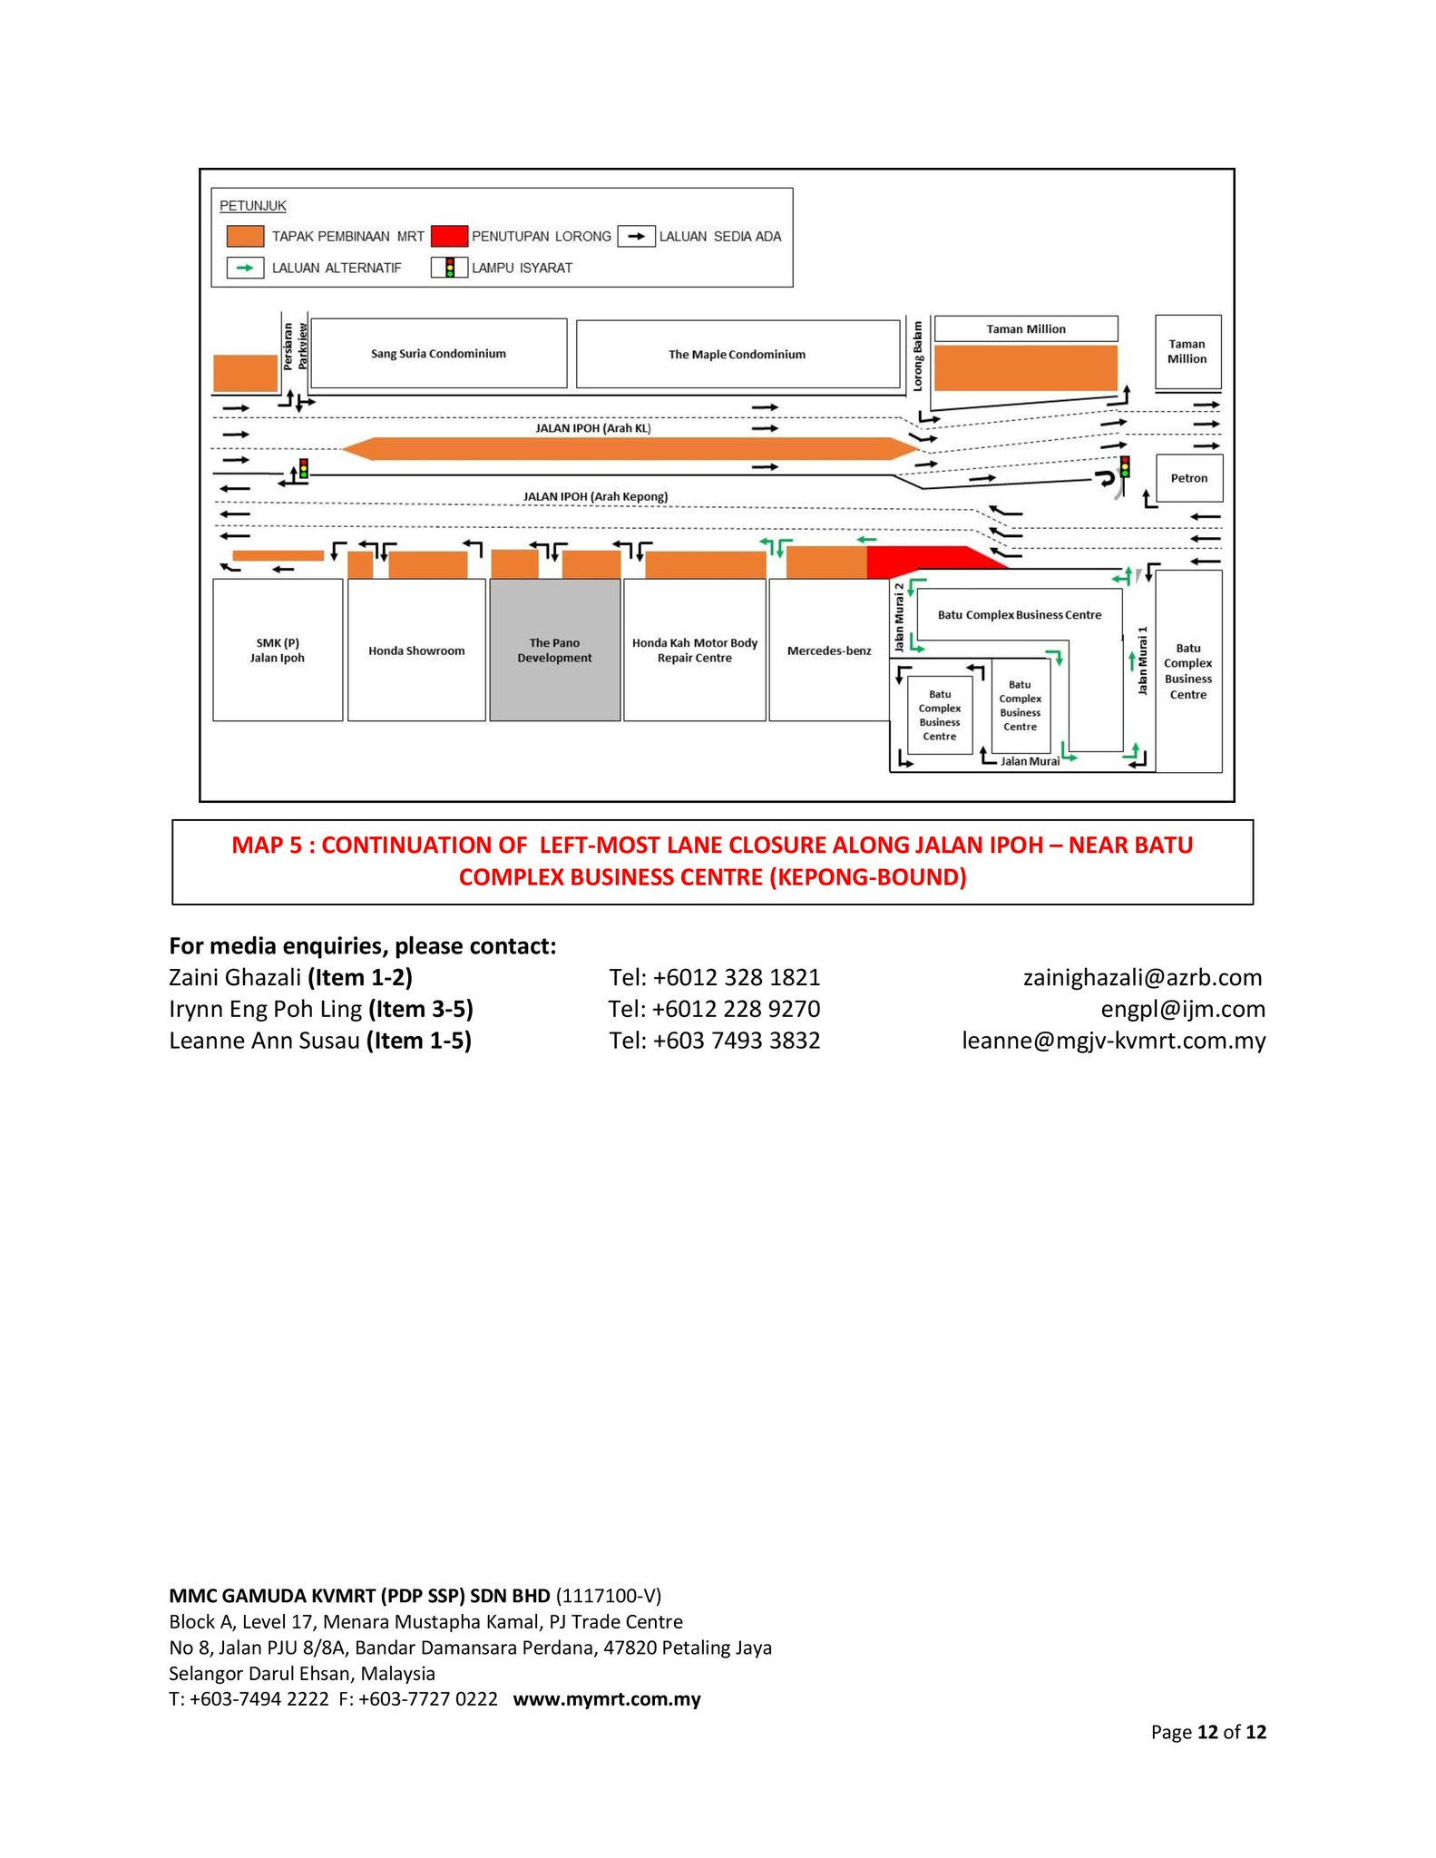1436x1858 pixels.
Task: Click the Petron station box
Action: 1188,478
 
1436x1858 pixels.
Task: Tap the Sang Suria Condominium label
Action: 438,354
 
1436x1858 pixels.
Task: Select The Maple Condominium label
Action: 737,355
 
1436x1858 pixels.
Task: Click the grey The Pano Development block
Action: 554,650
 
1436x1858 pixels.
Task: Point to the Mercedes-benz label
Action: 828,650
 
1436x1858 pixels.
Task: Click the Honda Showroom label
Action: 416,650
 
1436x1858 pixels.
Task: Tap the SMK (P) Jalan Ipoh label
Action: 278,650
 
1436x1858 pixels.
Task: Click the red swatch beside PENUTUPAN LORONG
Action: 449,237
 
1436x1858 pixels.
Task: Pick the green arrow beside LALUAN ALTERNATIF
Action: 245,268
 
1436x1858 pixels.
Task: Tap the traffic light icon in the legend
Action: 450,268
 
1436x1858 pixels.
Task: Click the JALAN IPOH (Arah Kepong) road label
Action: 595,496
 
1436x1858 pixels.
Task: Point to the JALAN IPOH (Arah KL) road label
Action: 593,428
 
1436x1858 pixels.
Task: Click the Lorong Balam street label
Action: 918,355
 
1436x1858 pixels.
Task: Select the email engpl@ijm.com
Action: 1182,1009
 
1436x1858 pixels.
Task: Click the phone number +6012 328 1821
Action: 736,977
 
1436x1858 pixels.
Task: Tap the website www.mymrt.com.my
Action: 607,1699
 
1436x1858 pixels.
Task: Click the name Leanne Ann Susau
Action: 264,1041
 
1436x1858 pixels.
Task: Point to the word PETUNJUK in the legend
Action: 253,206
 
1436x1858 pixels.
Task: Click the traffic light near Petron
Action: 1125,467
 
